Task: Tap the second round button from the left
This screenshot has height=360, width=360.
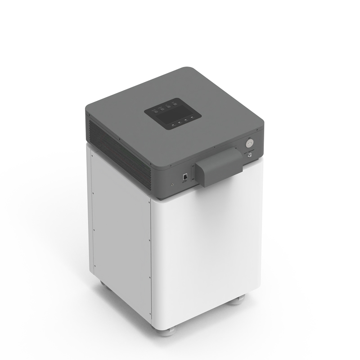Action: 162,109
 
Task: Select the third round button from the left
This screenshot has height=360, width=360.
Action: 169,107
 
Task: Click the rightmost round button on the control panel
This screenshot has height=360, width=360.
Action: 175,104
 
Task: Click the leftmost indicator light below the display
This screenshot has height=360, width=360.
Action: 172,125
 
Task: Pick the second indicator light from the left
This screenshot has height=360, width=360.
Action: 179,122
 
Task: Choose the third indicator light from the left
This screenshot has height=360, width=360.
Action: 185,120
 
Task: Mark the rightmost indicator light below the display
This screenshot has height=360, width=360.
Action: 192,117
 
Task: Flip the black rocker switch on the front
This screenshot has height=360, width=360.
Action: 185,177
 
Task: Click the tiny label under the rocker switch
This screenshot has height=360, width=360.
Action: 185,182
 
